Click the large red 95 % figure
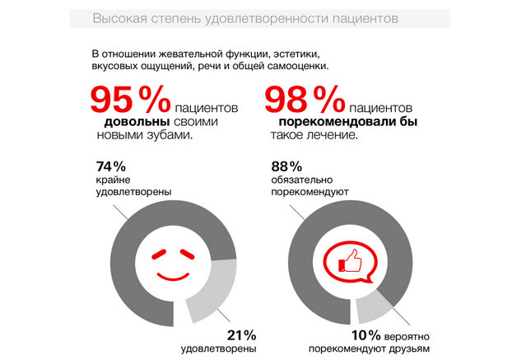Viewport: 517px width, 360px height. (x=128, y=101)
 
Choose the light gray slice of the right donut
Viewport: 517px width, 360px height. (x=378, y=305)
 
